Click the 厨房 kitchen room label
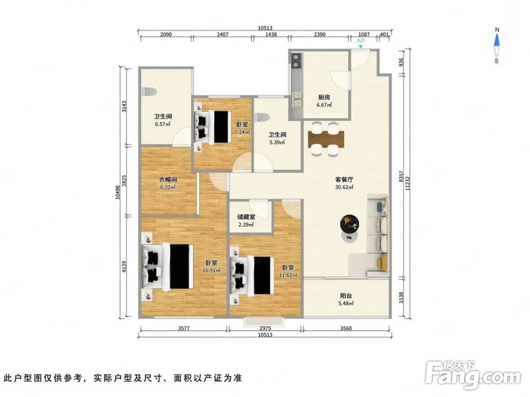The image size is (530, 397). tap(324, 97)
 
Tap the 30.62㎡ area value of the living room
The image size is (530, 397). tap(344, 187)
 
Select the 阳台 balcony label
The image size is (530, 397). tap(346, 296)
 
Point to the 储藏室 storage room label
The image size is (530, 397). tap(246, 216)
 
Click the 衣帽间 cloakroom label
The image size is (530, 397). tap(168, 179)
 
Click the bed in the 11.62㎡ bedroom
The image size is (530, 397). tap(252, 275)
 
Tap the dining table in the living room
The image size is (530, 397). tap(326, 139)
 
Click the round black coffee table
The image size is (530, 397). tap(349, 223)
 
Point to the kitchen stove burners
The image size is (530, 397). tap(296, 61)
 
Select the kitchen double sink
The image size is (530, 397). tap(297, 100)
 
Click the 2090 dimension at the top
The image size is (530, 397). tap(166, 34)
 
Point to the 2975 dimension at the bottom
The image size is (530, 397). tap(266, 328)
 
